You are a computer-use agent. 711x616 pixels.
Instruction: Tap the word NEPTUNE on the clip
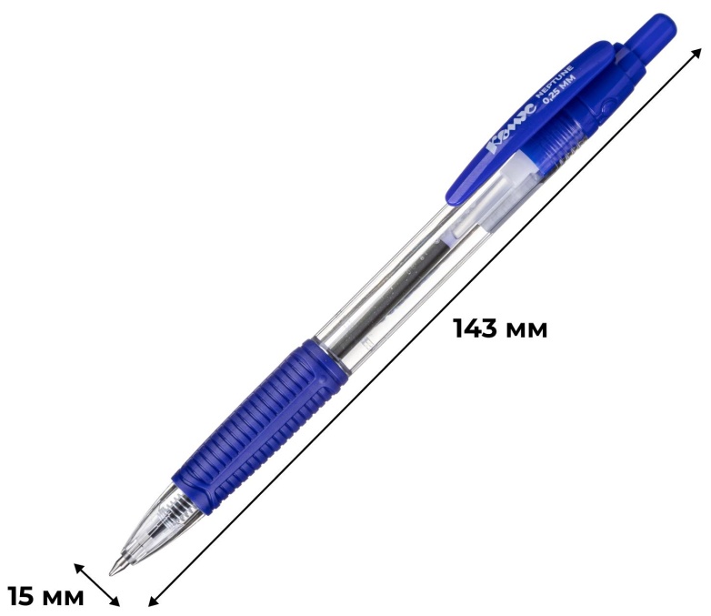point(555,82)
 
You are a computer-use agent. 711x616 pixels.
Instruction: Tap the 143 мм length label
point(501,328)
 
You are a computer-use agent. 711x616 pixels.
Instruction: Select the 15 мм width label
point(45,596)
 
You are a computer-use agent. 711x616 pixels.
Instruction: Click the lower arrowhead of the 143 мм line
point(155,601)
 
